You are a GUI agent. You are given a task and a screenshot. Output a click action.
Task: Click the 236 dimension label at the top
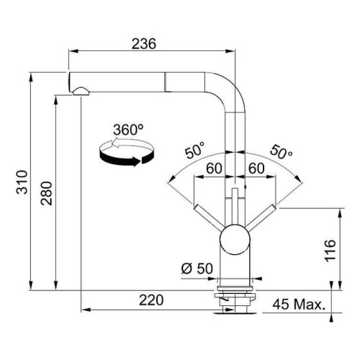[x=144, y=44]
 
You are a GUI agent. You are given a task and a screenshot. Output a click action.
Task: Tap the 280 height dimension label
[x=46, y=193]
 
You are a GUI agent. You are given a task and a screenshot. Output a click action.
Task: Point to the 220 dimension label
[x=151, y=300]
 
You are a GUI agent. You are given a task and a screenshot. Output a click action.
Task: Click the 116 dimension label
[x=330, y=251]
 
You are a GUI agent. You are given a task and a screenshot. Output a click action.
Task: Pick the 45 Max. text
[x=299, y=305]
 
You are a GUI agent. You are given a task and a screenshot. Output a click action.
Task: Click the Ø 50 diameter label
[x=197, y=269]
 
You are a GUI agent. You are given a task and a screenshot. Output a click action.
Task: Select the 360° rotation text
[x=128, y=130]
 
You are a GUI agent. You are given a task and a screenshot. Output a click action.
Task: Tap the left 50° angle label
[x=194, y=150]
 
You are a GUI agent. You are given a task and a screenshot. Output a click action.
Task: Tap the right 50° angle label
[x=281, y=152]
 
